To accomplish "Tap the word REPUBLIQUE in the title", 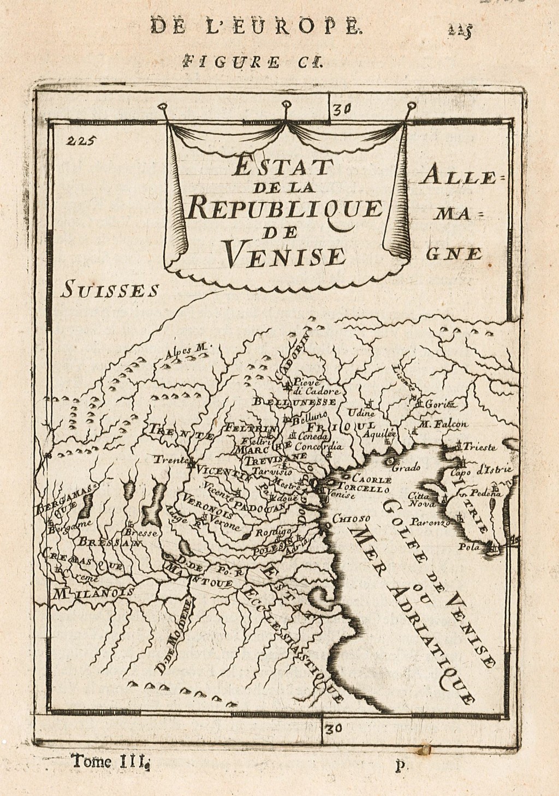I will coord(284,209).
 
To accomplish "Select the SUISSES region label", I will coord(110,288).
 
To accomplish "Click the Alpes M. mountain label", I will coord(185,350).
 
